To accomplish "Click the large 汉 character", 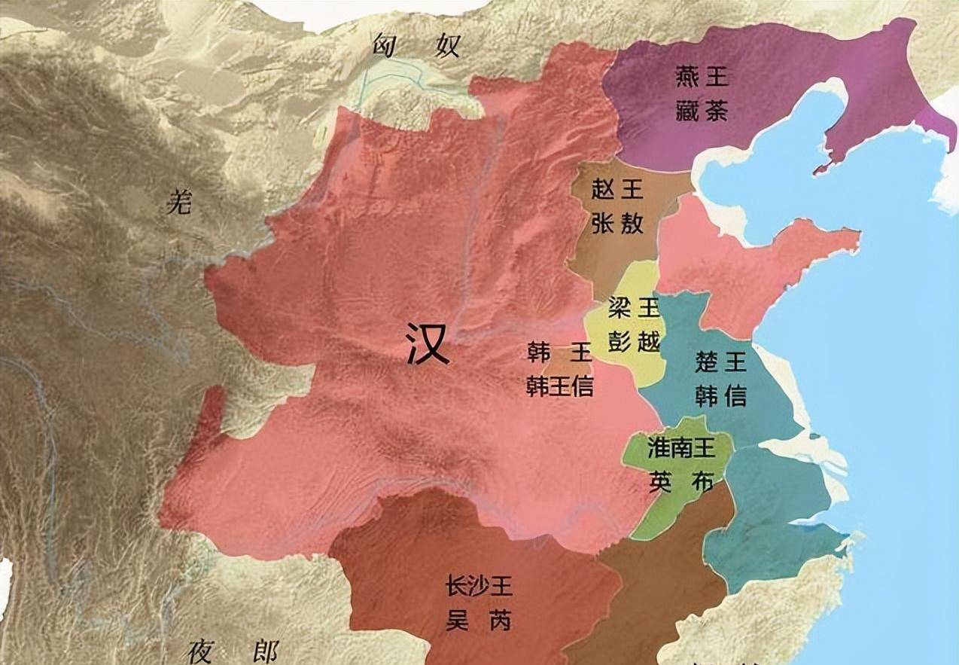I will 428,344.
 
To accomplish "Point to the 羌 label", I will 179,202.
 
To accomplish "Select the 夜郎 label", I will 234,649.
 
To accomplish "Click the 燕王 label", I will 702,76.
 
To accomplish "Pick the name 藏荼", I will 702,113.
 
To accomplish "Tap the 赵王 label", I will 617,188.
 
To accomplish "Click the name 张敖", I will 617,224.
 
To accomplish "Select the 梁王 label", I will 634,307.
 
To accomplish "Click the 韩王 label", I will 560,352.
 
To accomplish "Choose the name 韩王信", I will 560,386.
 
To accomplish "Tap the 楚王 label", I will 720,361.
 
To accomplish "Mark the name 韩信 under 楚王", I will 720,396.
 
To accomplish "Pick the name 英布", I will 680,483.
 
